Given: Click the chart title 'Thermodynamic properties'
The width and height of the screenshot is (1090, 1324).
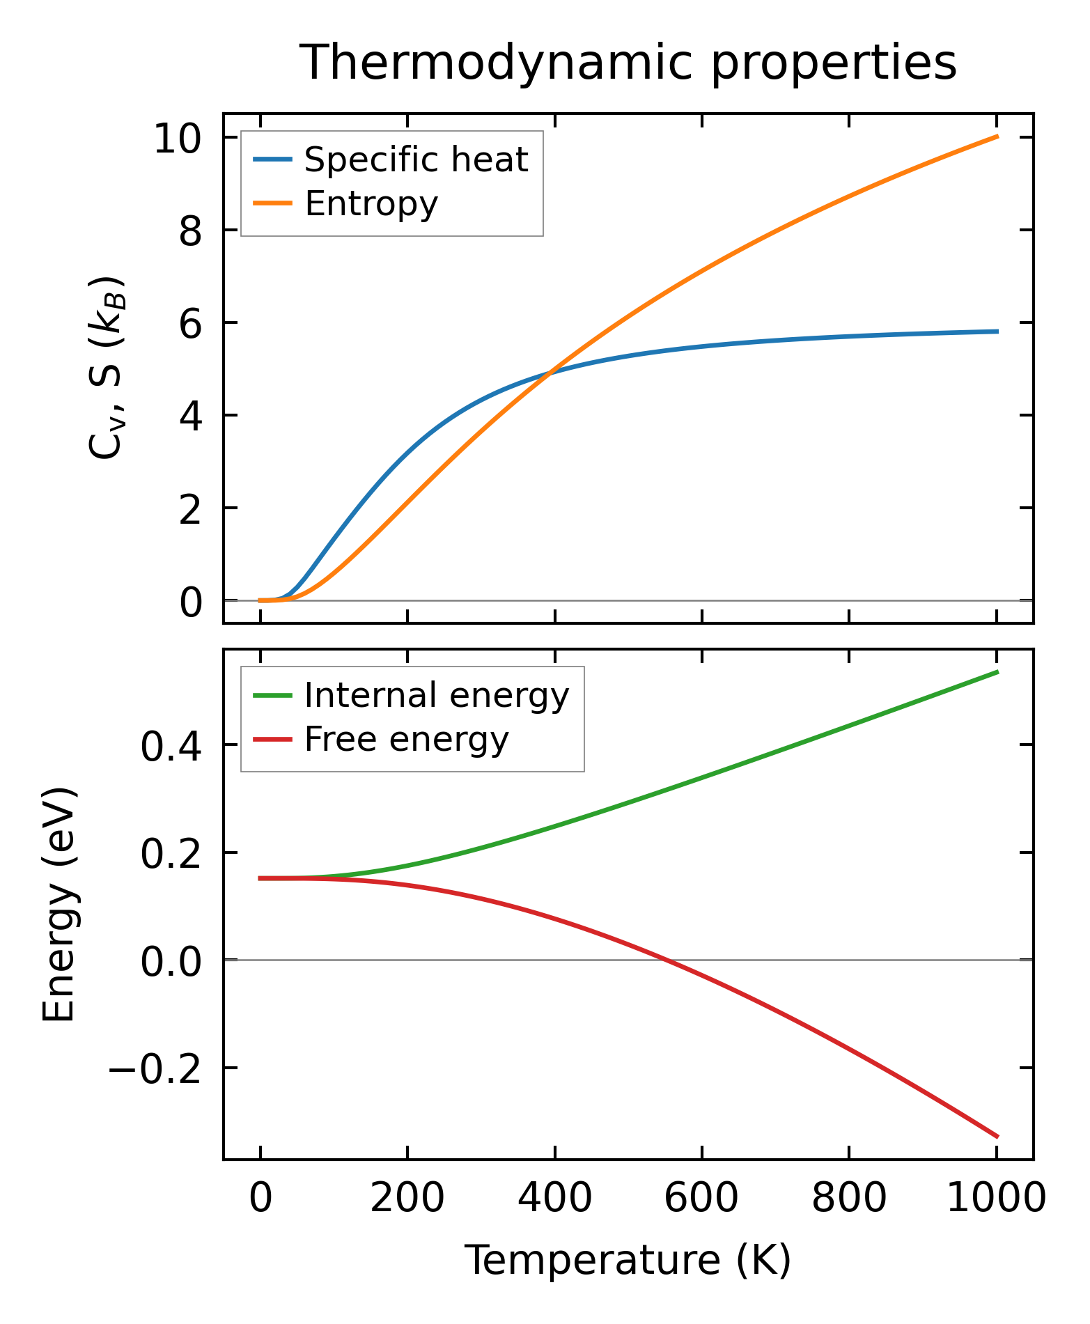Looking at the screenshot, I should click(628, 63).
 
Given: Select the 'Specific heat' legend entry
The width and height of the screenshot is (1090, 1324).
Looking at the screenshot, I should click(416, 159).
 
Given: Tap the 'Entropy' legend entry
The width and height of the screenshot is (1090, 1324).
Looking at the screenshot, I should click(371, 203).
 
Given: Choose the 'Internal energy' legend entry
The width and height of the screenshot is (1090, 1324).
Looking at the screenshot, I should click(437, 695).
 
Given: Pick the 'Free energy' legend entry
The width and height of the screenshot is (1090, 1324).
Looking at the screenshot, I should click(407, 739).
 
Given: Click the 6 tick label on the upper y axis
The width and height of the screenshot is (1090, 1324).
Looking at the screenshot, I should click(190, 323).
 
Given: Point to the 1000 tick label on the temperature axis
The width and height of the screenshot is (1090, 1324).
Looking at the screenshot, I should click(996, 1199).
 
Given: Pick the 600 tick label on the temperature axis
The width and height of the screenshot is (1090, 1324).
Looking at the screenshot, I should click(701, 1199).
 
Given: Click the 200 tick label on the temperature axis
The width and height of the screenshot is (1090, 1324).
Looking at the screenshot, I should click(407, 1199).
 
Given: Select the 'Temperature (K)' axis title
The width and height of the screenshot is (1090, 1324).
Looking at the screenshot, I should click(628, 1260).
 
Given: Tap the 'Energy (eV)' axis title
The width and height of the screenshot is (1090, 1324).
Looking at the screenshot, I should click(59, 905).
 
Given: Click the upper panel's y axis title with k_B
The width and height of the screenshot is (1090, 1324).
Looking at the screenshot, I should click(106, 368).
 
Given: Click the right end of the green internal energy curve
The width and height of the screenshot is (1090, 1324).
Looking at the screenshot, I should click(997, 672).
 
